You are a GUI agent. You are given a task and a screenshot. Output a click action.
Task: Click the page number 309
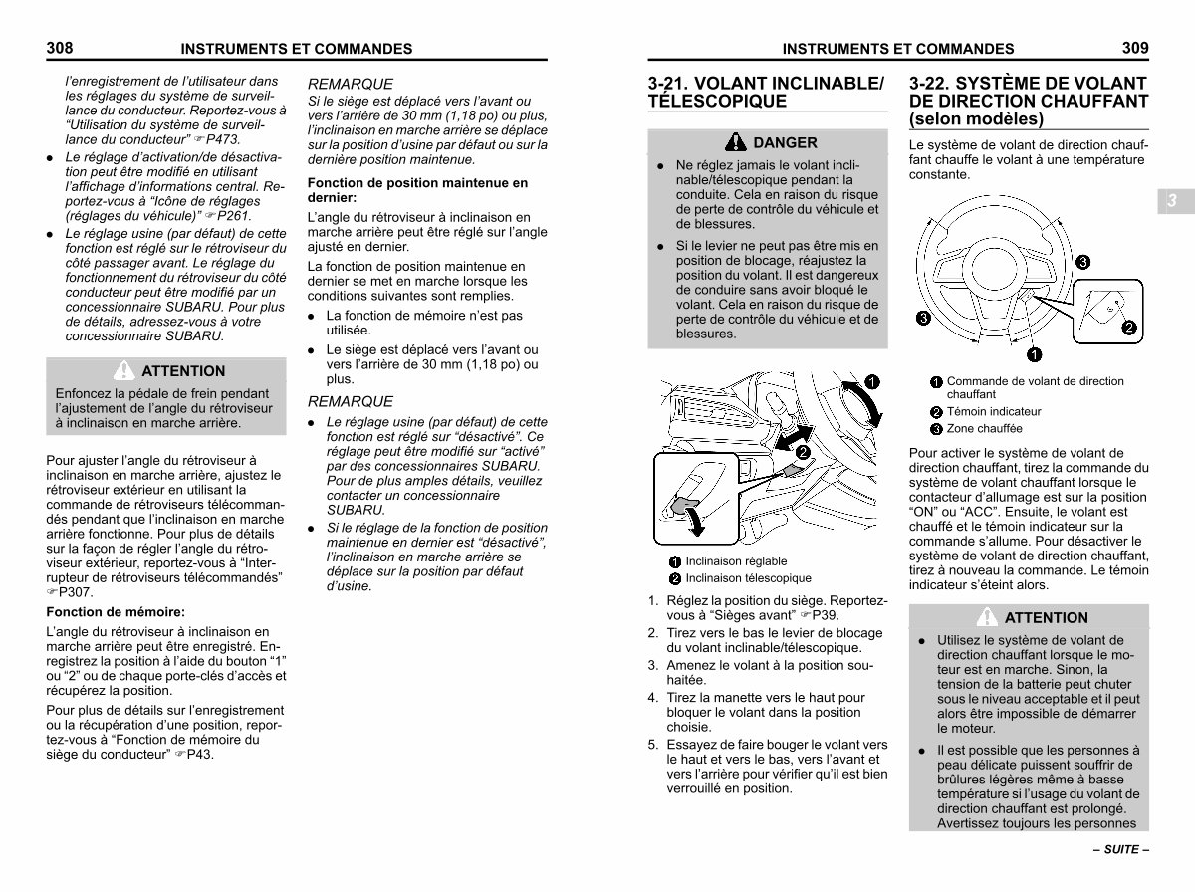1134,47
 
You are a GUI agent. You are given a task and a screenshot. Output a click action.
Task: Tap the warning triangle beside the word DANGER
736,142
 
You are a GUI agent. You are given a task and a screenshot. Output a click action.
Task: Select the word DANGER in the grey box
786,143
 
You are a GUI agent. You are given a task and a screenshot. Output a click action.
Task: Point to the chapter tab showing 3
1172,201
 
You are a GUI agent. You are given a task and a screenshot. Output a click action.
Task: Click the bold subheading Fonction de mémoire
116,612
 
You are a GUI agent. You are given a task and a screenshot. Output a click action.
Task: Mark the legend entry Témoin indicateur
994,411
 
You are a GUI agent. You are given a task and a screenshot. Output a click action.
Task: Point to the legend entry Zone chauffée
984,429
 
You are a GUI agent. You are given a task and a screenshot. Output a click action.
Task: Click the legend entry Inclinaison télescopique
748,578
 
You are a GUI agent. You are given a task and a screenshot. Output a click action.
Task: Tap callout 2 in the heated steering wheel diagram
1129,327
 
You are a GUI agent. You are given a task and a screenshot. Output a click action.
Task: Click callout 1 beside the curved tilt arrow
870,382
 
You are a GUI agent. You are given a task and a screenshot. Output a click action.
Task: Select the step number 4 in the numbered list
652,698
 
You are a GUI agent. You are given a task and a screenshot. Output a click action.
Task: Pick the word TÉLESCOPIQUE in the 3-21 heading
717,102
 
